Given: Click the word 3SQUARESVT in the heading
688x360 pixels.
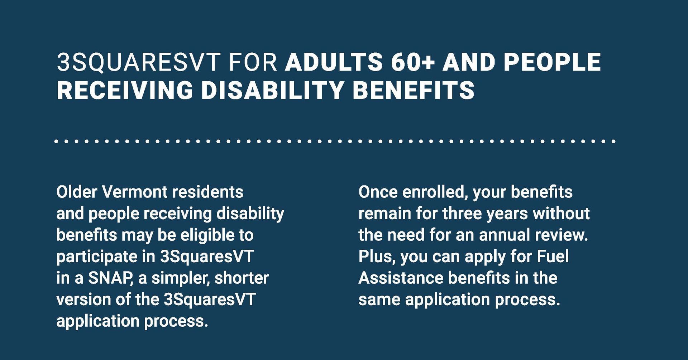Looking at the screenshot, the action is coord(138,62).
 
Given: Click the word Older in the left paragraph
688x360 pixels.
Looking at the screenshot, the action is coord(77,192).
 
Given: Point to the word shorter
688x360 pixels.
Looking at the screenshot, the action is coord(242,278).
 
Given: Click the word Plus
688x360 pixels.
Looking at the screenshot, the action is coord(377,257).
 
